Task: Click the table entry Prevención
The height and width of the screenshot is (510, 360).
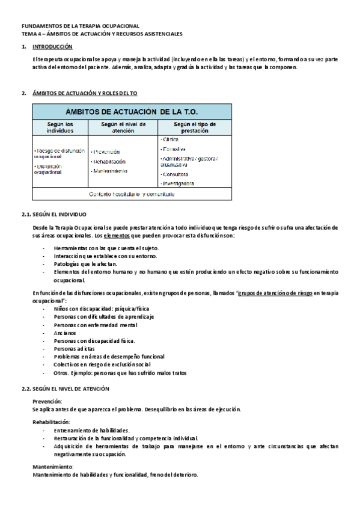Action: tap(106, 152)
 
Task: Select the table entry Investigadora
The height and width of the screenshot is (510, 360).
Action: tap(178, 183)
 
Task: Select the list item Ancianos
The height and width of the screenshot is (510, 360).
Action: tap(65, 333)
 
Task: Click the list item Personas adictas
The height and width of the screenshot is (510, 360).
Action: tap(74, 348)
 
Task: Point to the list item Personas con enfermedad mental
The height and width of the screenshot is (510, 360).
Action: tap(95, 325)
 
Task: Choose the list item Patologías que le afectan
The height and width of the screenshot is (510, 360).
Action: tap(86, 263)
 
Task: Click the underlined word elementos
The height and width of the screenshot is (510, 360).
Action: tap(123, 235)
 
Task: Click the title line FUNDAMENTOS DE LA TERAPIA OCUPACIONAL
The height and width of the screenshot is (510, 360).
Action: tap(80, 26)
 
